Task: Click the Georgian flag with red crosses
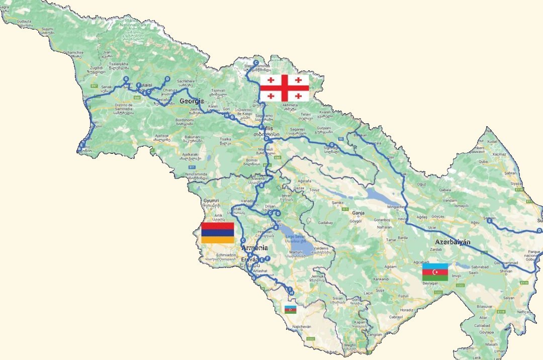[284, 88]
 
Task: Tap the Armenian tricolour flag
[217, 233]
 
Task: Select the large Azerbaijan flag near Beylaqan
[435, 272]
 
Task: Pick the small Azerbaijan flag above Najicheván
[291, 309]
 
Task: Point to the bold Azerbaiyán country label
[452, 242]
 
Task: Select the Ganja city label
[358, 213]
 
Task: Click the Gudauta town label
[24, 22]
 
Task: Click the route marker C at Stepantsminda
[256, 63]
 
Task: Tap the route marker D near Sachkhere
[167, 79]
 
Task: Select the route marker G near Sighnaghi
[332, 145]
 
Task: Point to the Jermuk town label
[318, 276]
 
